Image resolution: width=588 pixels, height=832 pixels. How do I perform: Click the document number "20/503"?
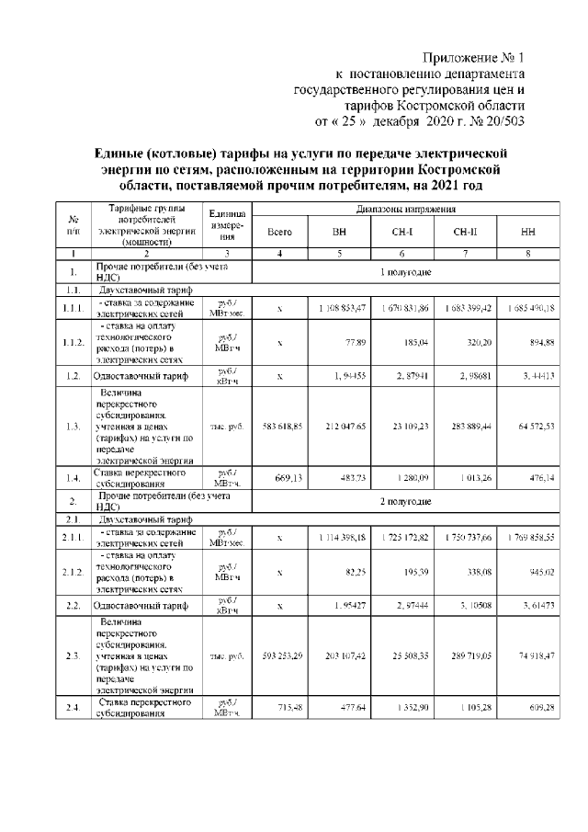(503, 120)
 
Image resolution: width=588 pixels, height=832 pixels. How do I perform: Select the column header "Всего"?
(280, 233)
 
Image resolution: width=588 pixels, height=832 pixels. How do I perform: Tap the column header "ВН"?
(339, 233)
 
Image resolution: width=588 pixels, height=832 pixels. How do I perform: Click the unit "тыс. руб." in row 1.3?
(224, 426)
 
